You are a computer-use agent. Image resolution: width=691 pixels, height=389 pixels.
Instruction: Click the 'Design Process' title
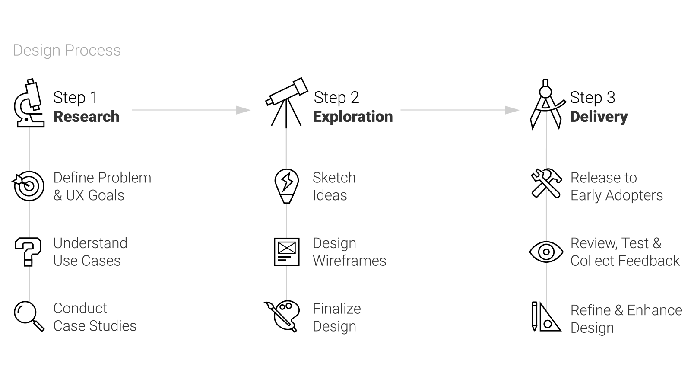pos(67,51)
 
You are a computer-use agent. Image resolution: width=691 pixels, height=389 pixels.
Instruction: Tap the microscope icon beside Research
pos(29,103)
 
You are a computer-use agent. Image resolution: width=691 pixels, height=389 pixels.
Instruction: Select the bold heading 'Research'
pos(86,117)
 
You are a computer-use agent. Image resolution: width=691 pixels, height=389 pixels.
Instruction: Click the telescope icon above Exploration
pos(287,91)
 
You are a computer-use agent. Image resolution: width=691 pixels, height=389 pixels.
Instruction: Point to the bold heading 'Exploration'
pos(353,117)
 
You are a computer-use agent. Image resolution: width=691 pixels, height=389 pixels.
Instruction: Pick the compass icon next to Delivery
pos(546,103)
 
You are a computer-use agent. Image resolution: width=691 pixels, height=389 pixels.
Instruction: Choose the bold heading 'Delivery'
pos(599,117)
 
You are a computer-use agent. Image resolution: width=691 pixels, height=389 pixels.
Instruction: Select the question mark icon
pos(29,252)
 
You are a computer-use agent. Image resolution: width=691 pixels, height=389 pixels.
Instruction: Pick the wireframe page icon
pos(287,252)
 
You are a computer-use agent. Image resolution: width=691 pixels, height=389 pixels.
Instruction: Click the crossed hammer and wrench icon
pos(546,184)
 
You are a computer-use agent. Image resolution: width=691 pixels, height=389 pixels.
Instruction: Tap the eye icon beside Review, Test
pos(546,252)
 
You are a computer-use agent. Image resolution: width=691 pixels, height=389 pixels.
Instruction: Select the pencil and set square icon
pos(545,317)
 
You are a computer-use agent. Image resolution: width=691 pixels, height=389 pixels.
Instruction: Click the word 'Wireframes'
pos(349,261)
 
